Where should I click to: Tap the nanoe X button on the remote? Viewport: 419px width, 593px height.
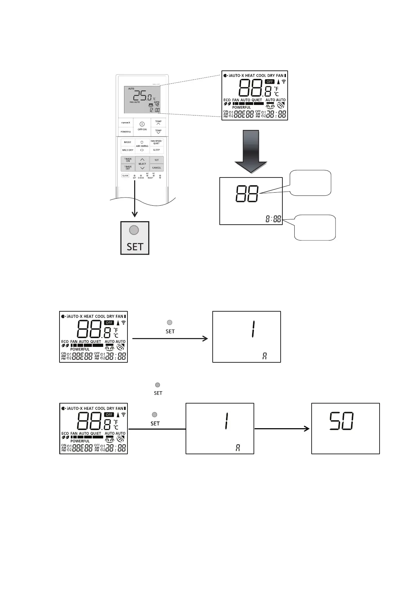pyautogui.click(x=126, y=123)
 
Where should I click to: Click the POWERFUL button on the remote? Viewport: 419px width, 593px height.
pyautogui.click(x=126, y=132)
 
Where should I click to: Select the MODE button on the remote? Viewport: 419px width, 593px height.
pyautogui.click(x=127, y=142)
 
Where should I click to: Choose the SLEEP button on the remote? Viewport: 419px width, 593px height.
pyautogui.click(x=156, y=150)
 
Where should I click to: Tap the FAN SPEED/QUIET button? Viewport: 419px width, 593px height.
pyautogui.click(x=156, y=142)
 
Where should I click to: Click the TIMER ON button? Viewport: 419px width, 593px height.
pyautogui.click(x=128, y=160)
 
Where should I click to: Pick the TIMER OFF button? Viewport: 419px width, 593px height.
pyautogui.click(x=128, y=168)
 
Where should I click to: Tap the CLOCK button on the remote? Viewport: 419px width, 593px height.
pyautogui.click(x=125, y=175)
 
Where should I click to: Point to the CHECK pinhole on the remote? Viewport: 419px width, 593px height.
pyautogui.click(x=141, y=175)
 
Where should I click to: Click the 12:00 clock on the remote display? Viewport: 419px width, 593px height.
pyautogui.click(x=155, y=110)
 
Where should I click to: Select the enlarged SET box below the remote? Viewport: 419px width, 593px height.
pyautogui.click(x=135, y=238)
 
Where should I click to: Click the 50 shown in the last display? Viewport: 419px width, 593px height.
pyautogui.click(x=342, y=422)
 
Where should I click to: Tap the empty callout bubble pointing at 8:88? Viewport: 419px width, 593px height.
pyautogui.click(x=315, y=227)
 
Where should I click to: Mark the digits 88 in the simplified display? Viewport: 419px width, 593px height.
pyautogui.click(x=247, y=194)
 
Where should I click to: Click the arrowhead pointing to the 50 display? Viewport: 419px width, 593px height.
pyautogui.click(x=307, y=429)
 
